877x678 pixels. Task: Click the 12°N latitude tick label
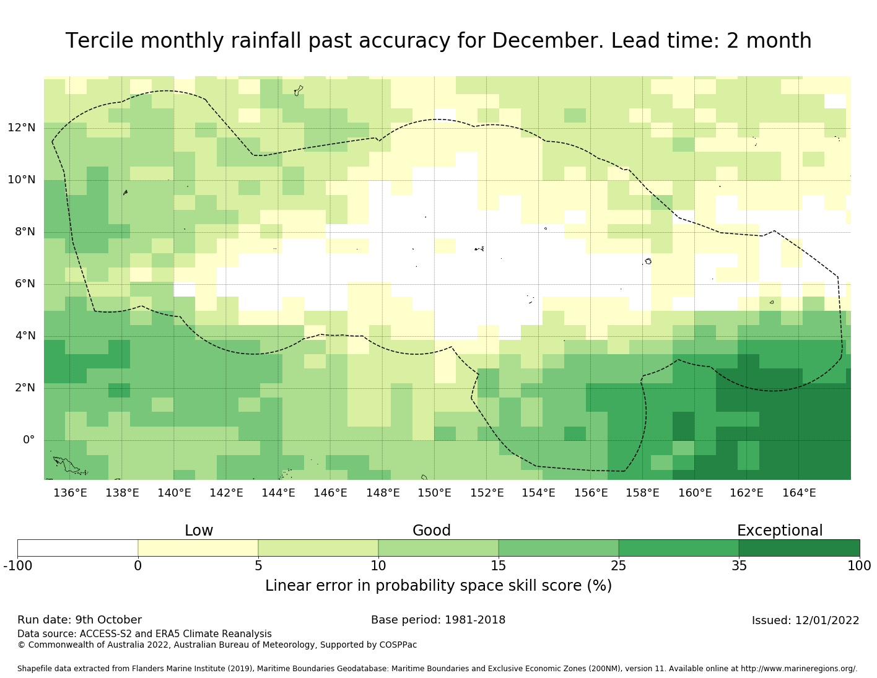[x=21, y=128]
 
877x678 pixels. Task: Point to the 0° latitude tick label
[x=28, y=440]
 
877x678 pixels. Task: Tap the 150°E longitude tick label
[x=434, y=493]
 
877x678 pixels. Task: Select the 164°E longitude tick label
[x=799, y=493]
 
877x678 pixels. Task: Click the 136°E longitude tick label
[x=70, y=493]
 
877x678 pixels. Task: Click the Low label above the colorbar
[x=199, y=531]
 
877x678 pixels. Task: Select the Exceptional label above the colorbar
[x=779, y=531]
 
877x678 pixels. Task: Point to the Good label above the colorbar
[x=432, y=531]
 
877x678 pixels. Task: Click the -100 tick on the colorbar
[x=17, y=565]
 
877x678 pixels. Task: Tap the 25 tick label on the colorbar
[x=619, y=565]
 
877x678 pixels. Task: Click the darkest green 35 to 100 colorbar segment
[x=799, y=548]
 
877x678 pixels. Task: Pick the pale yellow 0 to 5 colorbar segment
[x=198, y=548]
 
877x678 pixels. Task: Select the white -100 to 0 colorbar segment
[x=77, y=548]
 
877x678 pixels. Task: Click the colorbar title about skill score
[x=439, y=586]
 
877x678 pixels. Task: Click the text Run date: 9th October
[x=79, y=620]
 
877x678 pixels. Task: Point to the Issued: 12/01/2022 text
[x=805, y=620]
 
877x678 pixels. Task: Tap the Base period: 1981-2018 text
[x=438, y=620]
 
